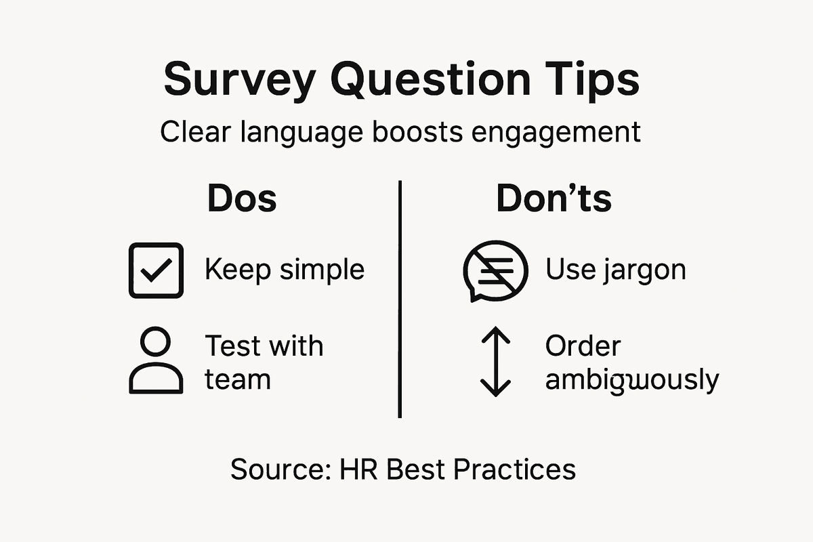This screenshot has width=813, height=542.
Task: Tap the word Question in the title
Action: [423, 80]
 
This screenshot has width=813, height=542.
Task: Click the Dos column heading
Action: [242, 199]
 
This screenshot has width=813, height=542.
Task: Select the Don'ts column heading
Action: [554, 199]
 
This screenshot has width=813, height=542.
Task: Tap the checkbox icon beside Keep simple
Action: [156, 270]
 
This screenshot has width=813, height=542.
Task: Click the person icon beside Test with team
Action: [156, 360]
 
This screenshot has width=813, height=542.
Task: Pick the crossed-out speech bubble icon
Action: [495, 270]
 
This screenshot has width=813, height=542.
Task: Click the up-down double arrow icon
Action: [495, 361]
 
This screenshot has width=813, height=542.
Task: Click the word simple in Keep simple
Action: [322, 270]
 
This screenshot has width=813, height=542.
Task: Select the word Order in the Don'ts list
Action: [583, 346]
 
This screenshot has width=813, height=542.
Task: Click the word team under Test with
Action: [237, 379]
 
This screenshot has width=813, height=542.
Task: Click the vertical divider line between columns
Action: [400, 298]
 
